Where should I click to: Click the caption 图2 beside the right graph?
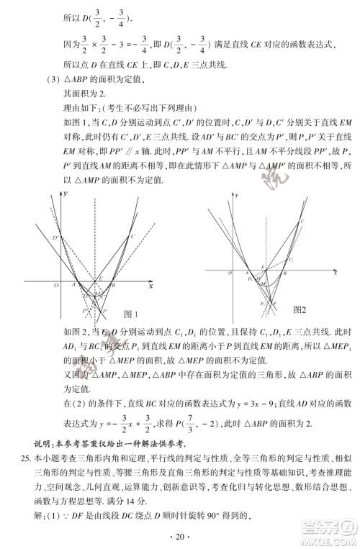tap(300, 309)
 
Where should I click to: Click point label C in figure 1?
tap(132, 237)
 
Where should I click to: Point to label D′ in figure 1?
tap(55, 237)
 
